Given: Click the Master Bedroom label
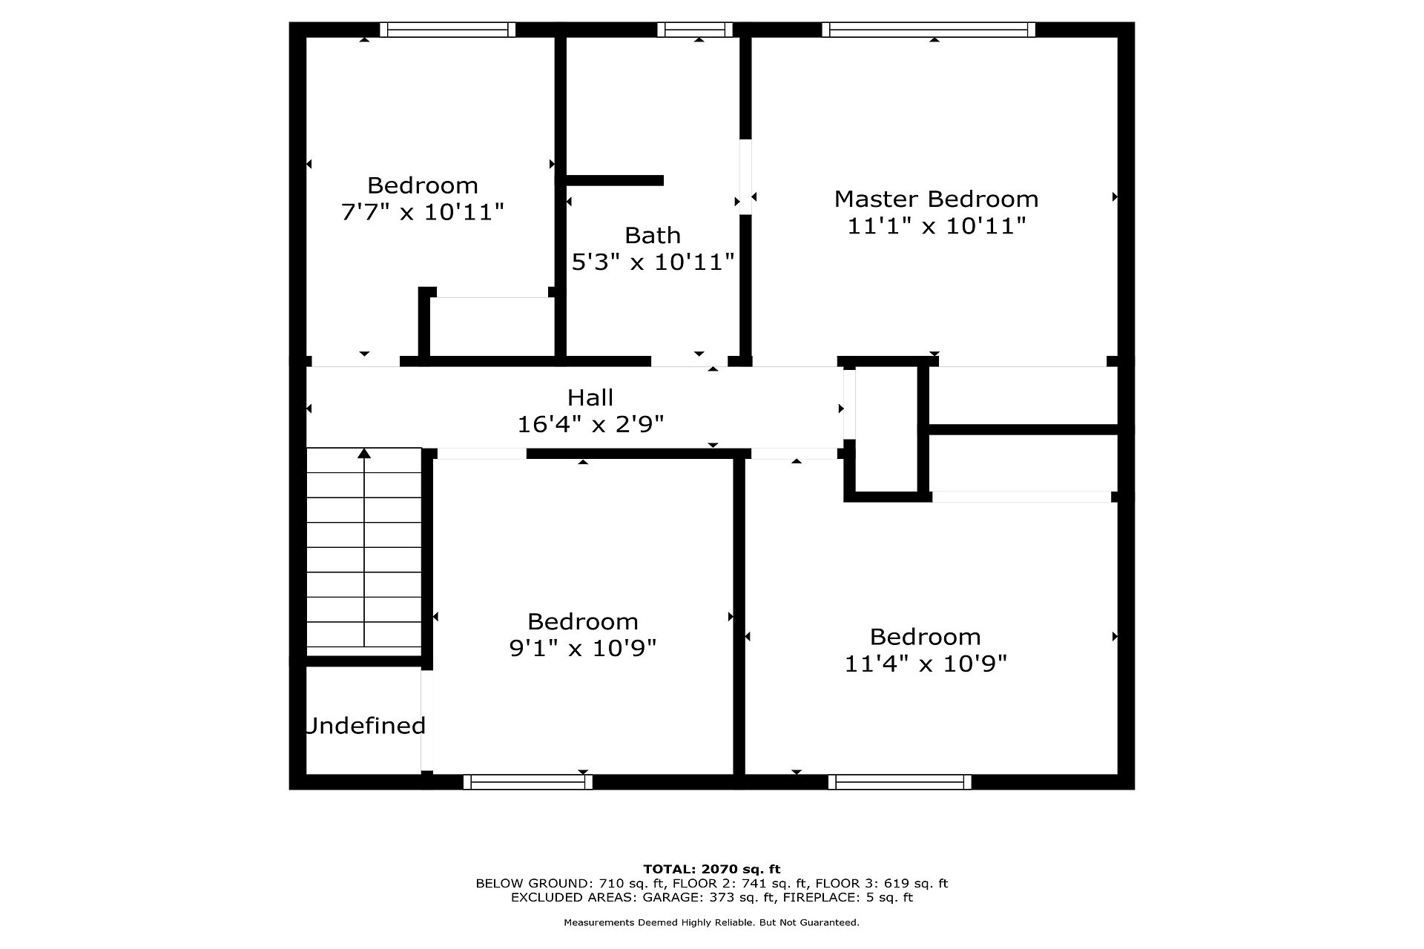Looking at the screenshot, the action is coord(936,199).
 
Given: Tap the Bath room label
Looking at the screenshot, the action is coord(653,235).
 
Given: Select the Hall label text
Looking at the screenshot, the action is coord(590,397).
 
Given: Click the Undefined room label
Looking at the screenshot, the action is coord(365,725).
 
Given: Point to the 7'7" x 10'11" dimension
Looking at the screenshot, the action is coord(422,212).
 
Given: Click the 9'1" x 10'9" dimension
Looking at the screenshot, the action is coord(583,648).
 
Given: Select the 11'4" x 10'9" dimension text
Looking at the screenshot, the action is coord(926,663).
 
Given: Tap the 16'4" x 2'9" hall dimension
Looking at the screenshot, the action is coord(590,424).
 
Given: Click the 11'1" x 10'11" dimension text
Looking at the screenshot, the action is coord(936,225).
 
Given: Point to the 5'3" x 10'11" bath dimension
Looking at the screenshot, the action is coord(653,262).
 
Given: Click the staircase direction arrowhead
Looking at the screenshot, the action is coord(364,454).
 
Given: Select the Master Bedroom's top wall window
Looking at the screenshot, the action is coord(928,30).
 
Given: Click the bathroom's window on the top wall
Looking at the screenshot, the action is coord(695,30).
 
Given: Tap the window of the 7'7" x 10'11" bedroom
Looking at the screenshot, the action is coord(448,30).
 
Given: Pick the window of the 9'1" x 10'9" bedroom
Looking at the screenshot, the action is coord(528,781).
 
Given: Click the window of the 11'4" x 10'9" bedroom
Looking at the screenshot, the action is coord(900,781).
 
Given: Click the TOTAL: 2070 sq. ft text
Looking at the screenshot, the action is coord(712,869).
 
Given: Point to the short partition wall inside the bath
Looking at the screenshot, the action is coord(615,180).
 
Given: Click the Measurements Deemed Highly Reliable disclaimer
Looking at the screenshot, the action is coord(712,923).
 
